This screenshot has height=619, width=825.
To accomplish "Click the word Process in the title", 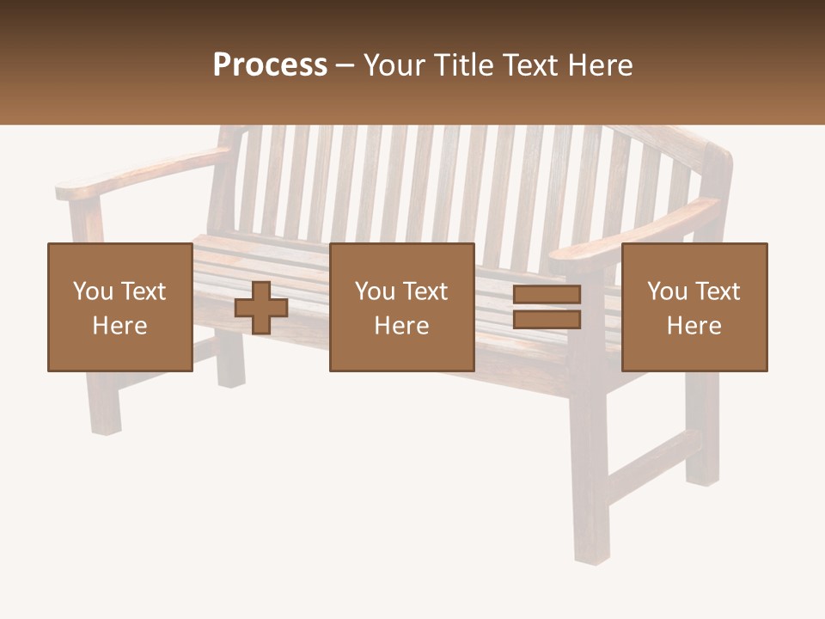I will pos(270,65).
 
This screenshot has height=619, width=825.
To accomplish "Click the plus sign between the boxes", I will pos(261,308).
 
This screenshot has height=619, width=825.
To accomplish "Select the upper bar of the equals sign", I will pos(547,295).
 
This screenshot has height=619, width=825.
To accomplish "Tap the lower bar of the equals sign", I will pos(547,320).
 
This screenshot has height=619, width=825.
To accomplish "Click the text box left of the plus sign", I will pos(120,307).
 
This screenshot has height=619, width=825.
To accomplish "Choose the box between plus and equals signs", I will pos(402,307).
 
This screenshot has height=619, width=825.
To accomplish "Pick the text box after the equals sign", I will pos(694,307).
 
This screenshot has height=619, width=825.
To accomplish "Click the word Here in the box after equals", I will pos(694,326).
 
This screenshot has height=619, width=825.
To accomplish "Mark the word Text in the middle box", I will pos(425,291).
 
